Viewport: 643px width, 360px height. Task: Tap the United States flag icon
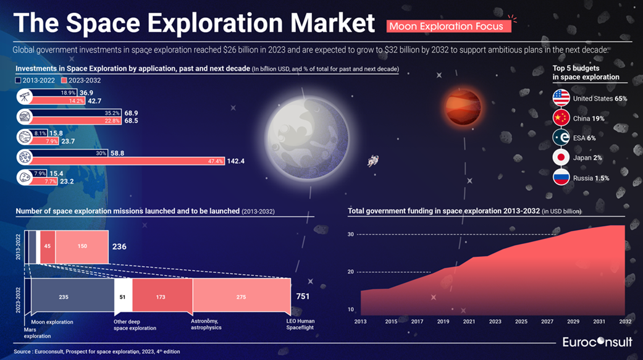click(561, 98)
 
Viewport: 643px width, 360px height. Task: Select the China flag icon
click(561, 118)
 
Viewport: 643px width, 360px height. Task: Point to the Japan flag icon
click(561, 157)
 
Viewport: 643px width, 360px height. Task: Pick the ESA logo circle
click(561, 138)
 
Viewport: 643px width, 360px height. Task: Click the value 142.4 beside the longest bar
click(236, 161)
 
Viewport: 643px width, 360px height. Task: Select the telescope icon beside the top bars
click(25, 96)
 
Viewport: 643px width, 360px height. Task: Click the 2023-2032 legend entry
click(76, 80)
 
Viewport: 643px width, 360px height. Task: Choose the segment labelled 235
click(64, 297)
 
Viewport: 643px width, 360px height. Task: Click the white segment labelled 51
click(122, 297)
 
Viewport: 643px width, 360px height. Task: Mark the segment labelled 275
click(242, 297)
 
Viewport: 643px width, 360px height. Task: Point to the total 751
click(303, 296)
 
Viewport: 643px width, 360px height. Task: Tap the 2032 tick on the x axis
click(625, 322)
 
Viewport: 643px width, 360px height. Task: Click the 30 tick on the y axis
click(350, 234)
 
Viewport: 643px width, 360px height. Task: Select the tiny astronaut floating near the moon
click(372, 161)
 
